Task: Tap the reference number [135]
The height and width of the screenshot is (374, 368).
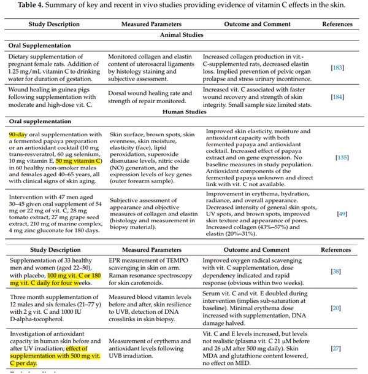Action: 343,157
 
